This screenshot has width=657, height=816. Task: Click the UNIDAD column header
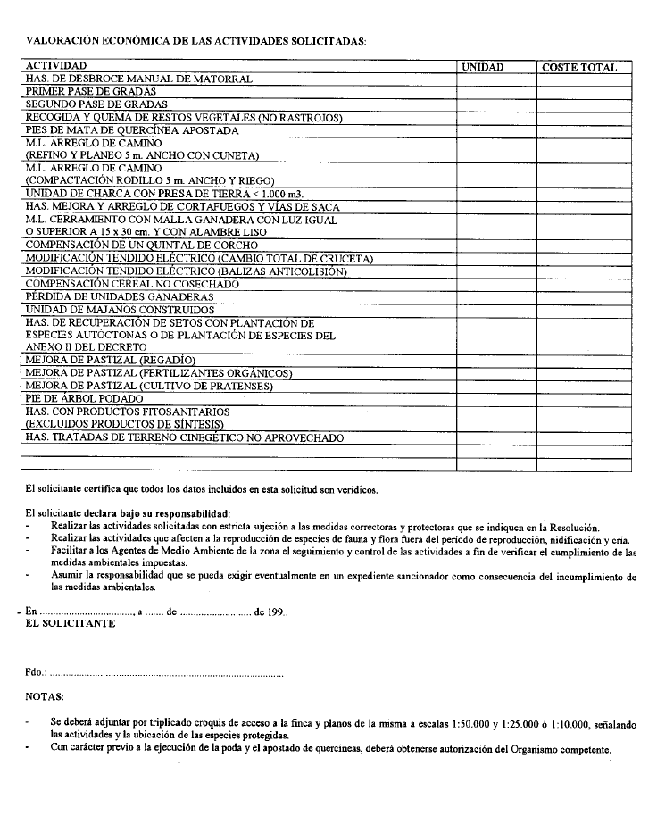(x=482, y=67)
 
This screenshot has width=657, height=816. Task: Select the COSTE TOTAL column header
(x=578, y=67)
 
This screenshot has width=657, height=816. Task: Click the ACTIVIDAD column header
(x=56, y=66)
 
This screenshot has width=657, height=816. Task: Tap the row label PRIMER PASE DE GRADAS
(x=91, y=91)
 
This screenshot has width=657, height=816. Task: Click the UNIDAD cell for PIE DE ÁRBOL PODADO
(x=495, y=398)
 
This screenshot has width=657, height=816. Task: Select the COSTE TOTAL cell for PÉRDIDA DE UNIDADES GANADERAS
(x=583, y=296)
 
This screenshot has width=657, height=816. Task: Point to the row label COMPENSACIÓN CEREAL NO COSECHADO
(x=132, y=284)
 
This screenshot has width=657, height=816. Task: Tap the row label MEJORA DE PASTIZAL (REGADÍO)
(x=110, y=360)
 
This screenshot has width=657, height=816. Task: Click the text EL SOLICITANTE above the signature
(x=71, y=624)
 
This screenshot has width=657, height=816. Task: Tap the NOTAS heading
(x=45, y=695)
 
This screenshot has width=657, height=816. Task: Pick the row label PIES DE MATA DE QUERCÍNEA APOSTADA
(x=120, y=130)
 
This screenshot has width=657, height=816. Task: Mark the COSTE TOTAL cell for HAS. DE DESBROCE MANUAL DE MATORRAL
(x=583, y=79)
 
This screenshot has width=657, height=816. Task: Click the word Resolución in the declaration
(x=573, y=529)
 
